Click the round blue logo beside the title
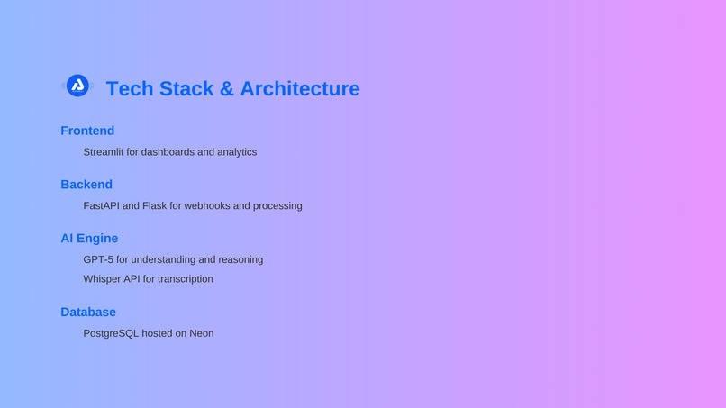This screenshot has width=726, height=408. (x=77, y=86)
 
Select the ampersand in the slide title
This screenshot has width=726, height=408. (x=226, y=88)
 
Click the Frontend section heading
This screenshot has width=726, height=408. (x=87, y=131)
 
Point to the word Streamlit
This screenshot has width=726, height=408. (x=104, y=152)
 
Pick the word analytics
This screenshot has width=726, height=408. (x=235, y=152)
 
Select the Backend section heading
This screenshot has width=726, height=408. (x=86, y=185)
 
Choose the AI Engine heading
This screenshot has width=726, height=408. (x=89, y=239)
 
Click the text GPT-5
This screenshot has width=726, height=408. (x=98, y=260)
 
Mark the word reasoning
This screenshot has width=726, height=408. (x=240, y=260)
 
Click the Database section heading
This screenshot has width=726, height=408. (x=88, y=313)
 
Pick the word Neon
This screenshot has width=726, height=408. (x=202, y=333)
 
